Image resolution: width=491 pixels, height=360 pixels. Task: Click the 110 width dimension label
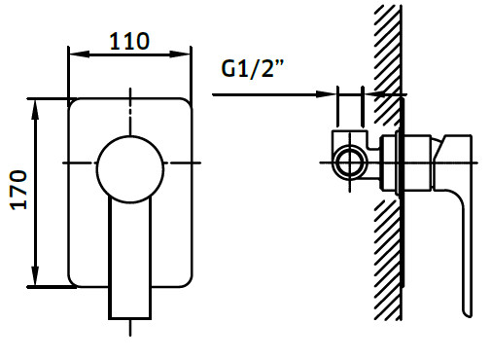click(129, 41)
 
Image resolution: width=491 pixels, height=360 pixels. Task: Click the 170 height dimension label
click(18, 190)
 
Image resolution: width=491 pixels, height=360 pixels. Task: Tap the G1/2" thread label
click(253, 68)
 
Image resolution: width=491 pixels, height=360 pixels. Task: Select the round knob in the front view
click(130, 169)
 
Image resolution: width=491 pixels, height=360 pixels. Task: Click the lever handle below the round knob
click(129, 259)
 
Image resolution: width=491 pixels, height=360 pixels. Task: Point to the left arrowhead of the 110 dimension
click(79, 54)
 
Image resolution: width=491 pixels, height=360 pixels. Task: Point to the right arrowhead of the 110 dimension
click(180, 54)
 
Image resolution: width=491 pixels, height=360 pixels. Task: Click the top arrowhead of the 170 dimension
click(35, 110)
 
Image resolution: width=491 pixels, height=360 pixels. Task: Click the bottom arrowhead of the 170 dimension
click(35, 276)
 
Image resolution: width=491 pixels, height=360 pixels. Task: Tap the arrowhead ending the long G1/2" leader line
click(326, 94)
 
